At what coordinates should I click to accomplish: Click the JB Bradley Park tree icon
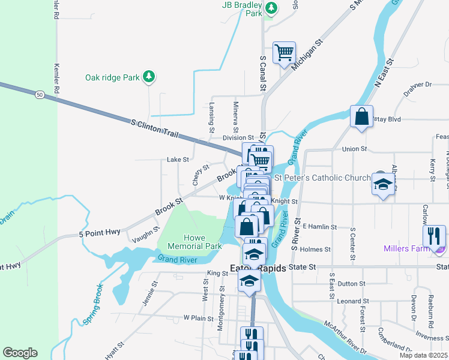click(271, 8)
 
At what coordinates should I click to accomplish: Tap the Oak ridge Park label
click(111, 77)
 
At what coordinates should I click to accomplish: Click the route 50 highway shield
click(39, 94)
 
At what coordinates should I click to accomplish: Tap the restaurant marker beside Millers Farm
click(434, 236)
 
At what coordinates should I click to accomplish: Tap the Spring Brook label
click(94, 310)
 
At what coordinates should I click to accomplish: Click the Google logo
click(20, 353)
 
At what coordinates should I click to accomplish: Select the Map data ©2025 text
click(423, 355)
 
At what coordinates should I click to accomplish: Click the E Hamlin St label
click(321, 227)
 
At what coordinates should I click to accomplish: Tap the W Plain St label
click(198, 317)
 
